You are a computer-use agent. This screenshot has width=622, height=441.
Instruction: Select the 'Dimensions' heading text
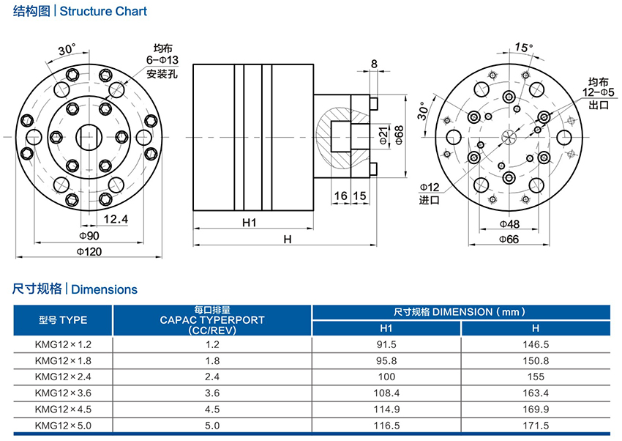[104, 289]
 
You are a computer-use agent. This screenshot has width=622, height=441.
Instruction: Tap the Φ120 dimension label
[89, 251]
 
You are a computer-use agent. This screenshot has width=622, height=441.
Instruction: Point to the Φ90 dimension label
[89, 235]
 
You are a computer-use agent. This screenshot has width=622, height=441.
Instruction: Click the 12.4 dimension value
[116, 219]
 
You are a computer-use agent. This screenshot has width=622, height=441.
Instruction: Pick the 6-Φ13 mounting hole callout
[162, 60]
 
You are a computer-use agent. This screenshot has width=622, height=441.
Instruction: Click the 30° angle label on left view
[67, 49]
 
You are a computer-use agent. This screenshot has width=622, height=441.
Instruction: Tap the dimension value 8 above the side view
[375, 64]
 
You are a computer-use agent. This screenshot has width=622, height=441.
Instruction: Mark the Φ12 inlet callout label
[430, 188]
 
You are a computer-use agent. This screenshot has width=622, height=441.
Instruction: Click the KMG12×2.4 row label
[63, 377]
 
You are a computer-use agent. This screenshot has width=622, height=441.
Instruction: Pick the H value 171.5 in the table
[535, 426]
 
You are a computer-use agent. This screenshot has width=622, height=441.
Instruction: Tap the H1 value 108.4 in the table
[386, 393]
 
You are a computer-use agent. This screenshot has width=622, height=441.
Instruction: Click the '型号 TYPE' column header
[63, 320]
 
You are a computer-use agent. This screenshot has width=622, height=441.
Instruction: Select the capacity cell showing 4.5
[212, 409]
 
